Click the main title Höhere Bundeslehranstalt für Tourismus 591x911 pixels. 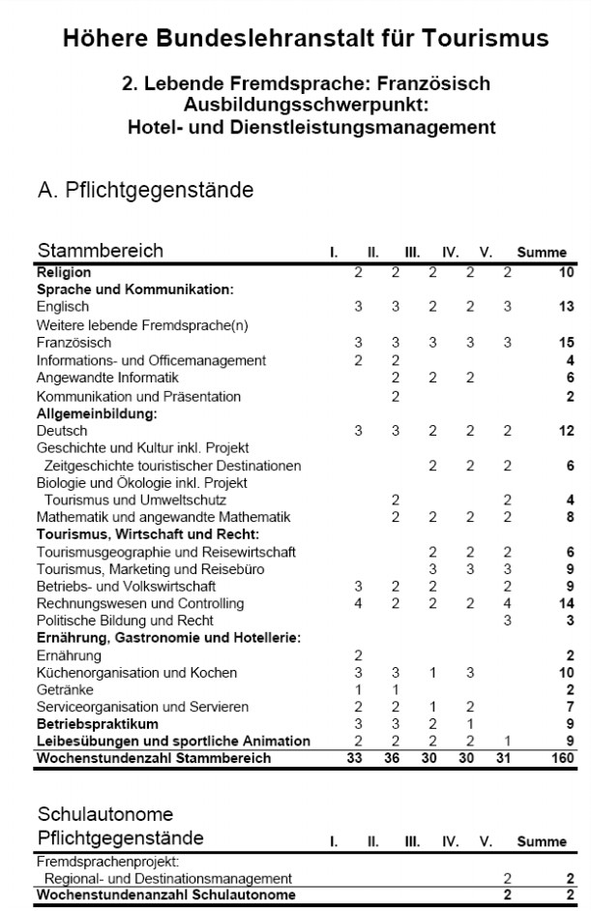[x=306, y=39]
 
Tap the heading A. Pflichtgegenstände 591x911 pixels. [x=145, y=191]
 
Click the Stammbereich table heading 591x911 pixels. [x=100, y=251]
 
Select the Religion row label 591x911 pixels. [x=64, y=273]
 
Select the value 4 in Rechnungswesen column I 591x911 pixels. [x=358, y=603]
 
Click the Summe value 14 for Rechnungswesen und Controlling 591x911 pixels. [x=566, y=603]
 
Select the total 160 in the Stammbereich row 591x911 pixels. [x=562, y=759]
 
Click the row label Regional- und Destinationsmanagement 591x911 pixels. [x=168, y=878]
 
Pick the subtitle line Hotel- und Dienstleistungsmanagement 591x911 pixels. [x=311, y=127]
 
